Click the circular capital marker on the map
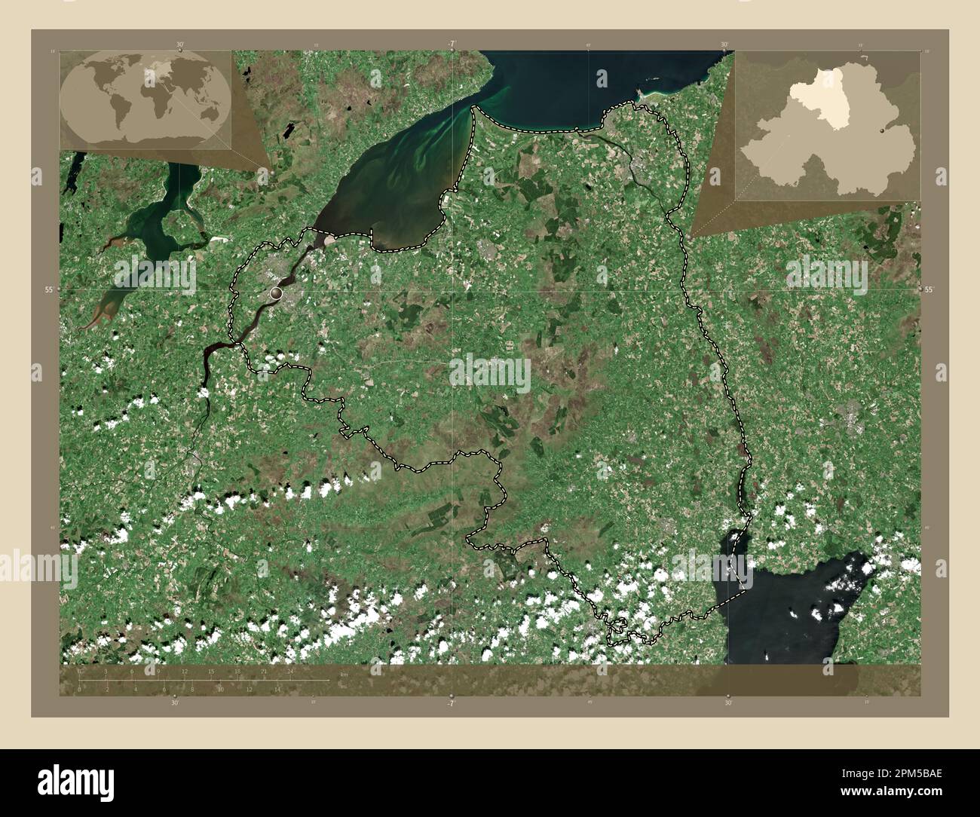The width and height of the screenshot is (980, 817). click(x=277, y=292)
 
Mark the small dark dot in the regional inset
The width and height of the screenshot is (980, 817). click(x=882, y=130)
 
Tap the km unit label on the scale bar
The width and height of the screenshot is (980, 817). click(x=344, y=672)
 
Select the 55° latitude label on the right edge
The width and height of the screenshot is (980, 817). click(x=929, y=289)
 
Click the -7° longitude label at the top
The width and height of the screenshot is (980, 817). click(x=450, y=44)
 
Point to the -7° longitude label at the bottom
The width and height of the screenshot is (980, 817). click(x=450, y=703)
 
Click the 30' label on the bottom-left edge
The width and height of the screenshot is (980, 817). click(x=174, y=703)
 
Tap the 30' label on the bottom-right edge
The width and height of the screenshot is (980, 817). click(x=727, y=703)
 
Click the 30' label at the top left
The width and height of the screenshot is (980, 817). click(x=180, y=44)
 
